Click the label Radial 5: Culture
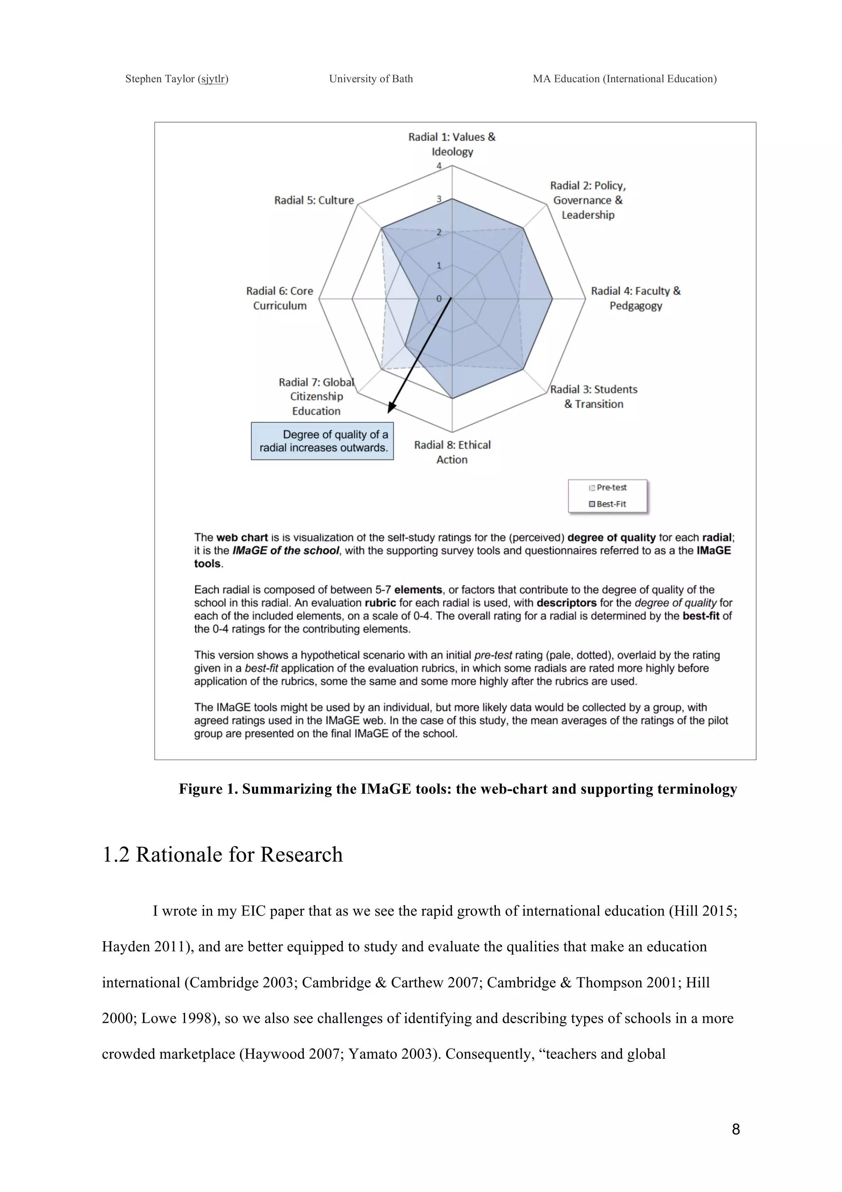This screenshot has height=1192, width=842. pyautogui.click(x=314, y=200)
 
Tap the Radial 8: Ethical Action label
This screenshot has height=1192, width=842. pyautogui.click(x=452, y=452)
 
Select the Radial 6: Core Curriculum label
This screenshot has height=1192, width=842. pyautogui.click(x=280, y=298)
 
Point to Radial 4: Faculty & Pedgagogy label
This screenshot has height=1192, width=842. pyautogui.click(x=636, y=298)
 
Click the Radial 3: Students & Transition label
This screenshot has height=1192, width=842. pyautogui.click(x=594, y=397)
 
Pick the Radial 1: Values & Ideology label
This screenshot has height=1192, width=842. pyautogui.click(x=452, y=144)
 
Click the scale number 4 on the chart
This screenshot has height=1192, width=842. pyautogui.click(x=439, y=166)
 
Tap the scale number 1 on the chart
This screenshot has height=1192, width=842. pyautogui.click(x=439, y=266)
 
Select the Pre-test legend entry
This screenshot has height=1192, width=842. pyautogui.click(x=608, y=487)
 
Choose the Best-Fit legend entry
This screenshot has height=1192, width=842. pyautogui.click(x=608, y=504)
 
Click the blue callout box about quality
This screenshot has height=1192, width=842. pyautogui.click(x=322, y=441)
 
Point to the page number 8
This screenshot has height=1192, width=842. pyautogui.click(x=736, y=1129)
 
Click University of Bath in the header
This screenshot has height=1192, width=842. pyautogui.click(x=371, y=79)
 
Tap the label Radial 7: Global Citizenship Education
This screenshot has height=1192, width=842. pyautogui.click(x=317, y=397)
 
